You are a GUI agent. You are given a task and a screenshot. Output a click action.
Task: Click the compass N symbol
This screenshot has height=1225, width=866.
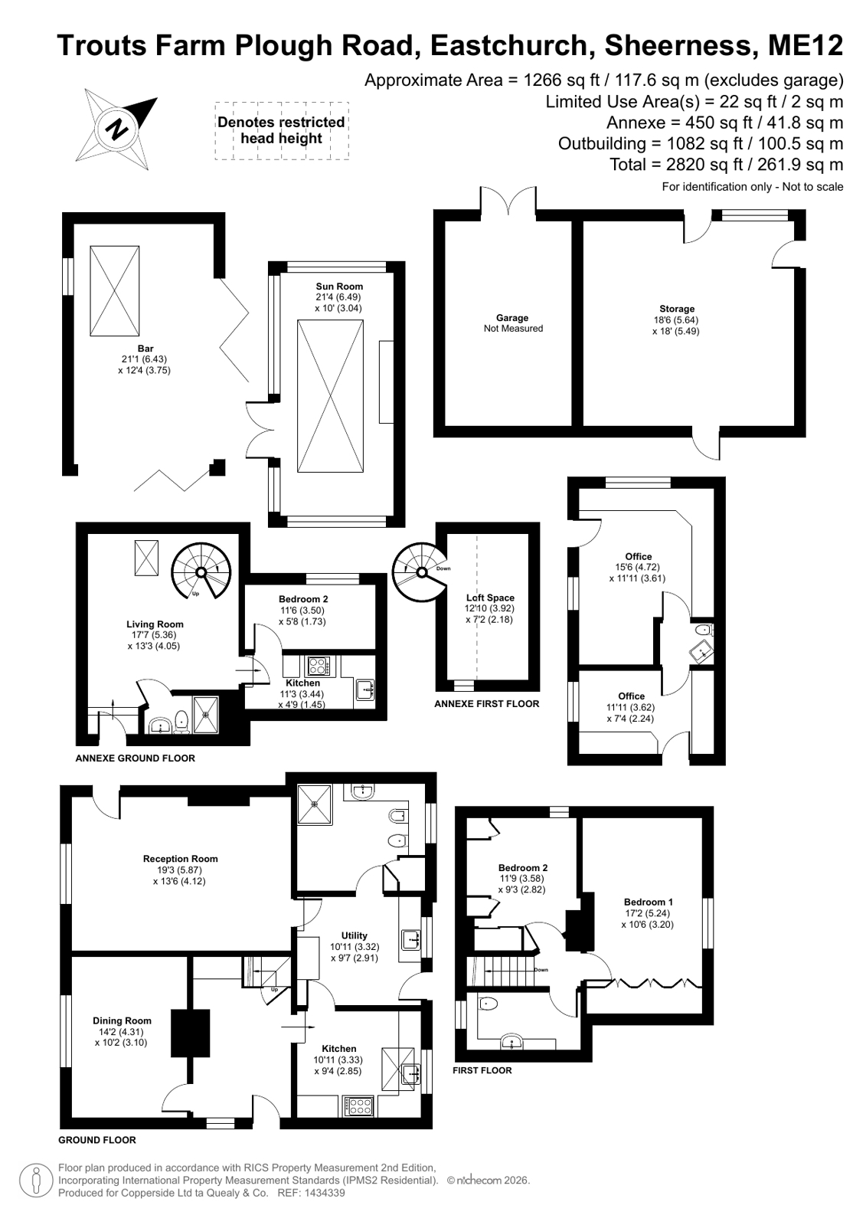[116, 129]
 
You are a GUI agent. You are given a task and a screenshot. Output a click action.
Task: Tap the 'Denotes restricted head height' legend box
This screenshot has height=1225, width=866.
[282, 131]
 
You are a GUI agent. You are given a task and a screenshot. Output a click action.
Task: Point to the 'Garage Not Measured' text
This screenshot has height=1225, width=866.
[513, 323]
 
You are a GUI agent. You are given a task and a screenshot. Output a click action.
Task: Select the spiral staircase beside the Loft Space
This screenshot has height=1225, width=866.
[421, 572]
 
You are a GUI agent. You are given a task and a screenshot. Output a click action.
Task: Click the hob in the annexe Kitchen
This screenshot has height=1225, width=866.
[319, 666]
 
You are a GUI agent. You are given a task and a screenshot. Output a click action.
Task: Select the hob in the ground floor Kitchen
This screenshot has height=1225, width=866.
[358, 1106]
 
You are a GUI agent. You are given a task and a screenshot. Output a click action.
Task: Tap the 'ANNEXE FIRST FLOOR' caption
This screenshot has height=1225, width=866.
[486, 704]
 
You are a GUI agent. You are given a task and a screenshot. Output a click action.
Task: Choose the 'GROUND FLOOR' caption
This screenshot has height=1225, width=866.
[97, 1140]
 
